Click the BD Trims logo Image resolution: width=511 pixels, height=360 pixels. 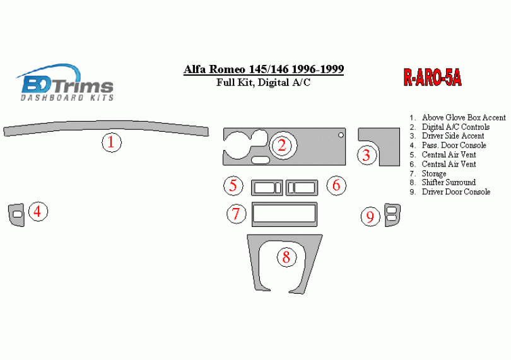coord(64,83)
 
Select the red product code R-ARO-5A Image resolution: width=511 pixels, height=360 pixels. coord(433,78)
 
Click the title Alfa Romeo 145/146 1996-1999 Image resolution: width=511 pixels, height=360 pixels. coord(264,69)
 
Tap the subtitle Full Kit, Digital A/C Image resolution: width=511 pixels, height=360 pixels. coord(263,83)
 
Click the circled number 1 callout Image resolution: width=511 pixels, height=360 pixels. coord(112,142)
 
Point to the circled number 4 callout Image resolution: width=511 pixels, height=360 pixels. coord(38,211)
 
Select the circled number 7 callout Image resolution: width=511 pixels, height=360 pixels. coord(237,214)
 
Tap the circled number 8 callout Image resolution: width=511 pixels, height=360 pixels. coord(287,257)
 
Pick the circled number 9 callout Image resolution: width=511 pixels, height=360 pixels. coord(370,216)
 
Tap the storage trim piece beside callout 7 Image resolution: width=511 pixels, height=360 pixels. coord(285,204)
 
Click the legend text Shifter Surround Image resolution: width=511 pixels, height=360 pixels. coord(449,182)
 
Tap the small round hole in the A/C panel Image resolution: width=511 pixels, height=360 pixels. coord(341,135)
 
